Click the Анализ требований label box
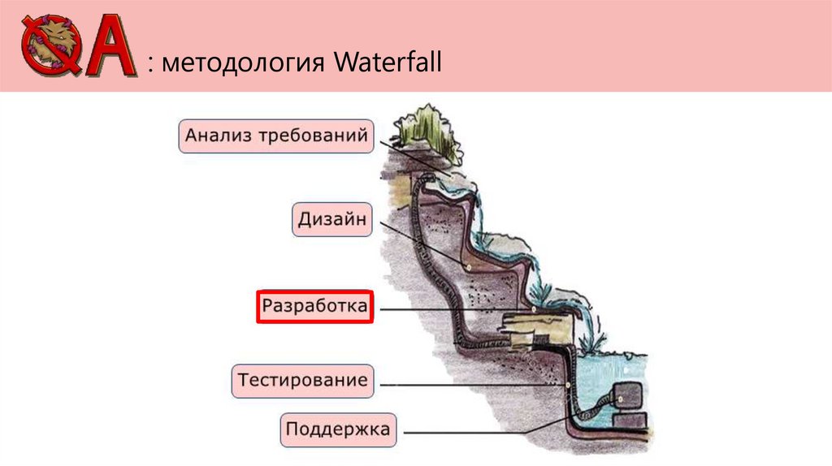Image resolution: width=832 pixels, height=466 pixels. (276, 136)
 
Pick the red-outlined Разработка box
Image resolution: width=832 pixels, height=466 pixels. (314, 307)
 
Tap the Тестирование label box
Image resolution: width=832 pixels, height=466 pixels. (302, 380)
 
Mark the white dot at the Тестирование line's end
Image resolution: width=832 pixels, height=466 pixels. (565, 384)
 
